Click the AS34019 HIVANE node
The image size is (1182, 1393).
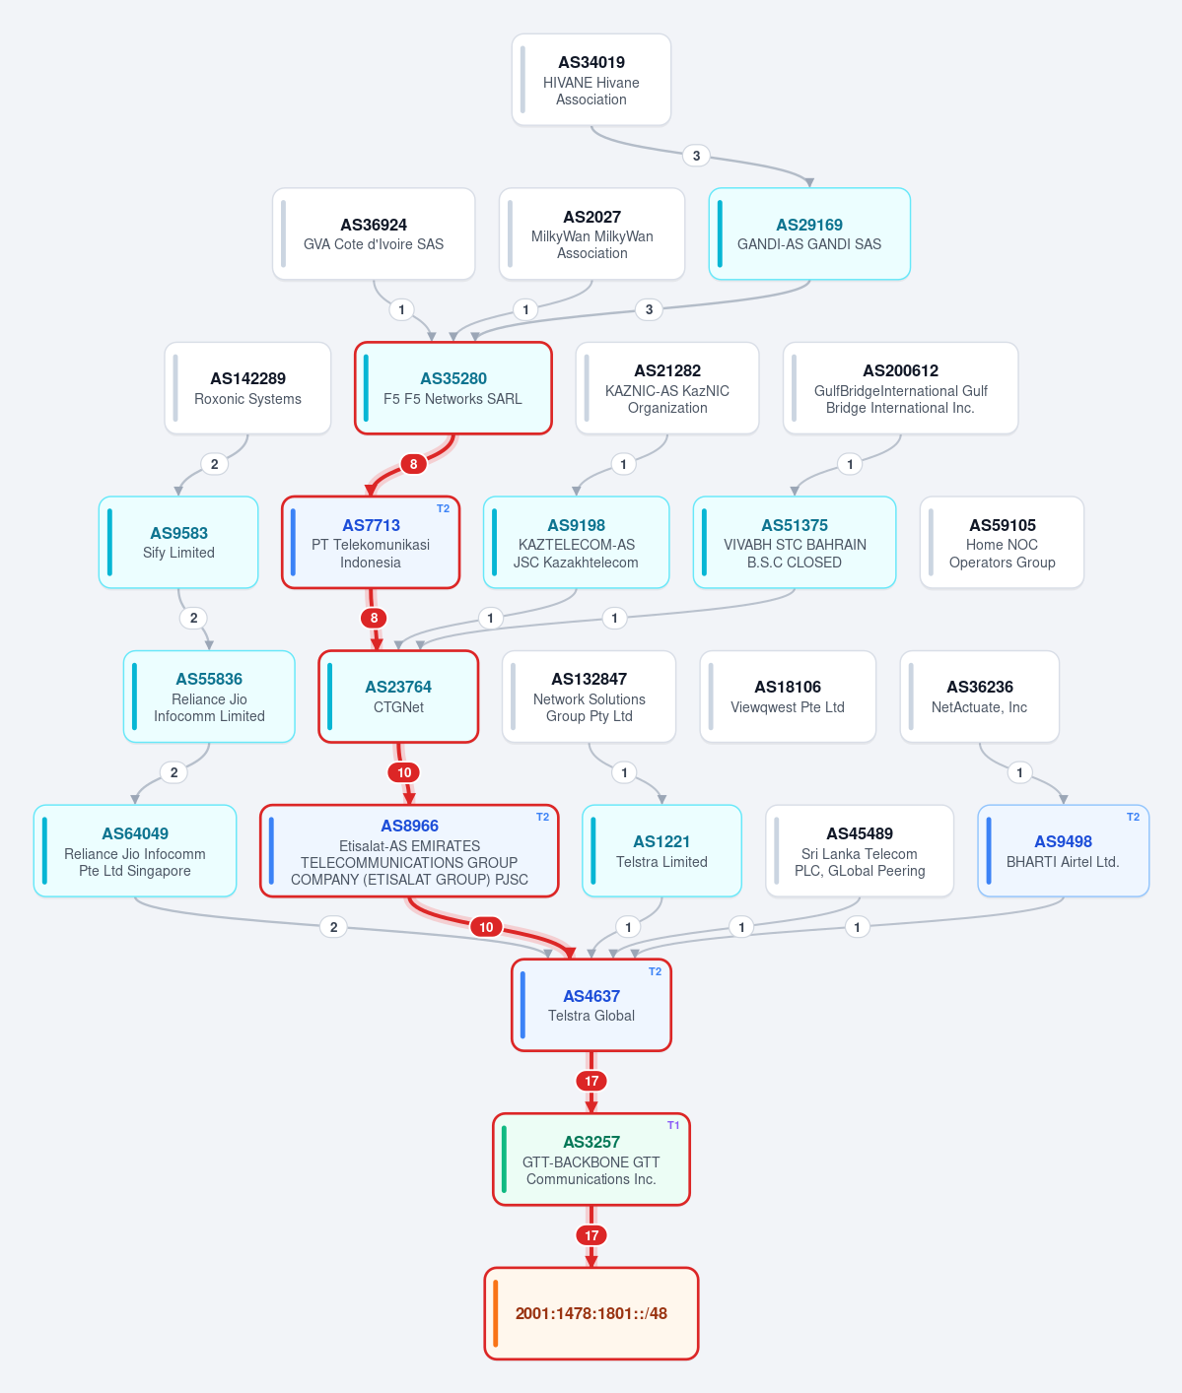[x=591, y=80]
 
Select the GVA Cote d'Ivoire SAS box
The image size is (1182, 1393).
[x=374, y=233]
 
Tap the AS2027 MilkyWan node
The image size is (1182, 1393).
[x=592, y=233]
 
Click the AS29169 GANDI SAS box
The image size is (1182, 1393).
[x=809, y=233]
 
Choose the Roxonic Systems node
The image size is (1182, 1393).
[x=247, y=388]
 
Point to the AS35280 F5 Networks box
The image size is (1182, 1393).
[x=453, y=388]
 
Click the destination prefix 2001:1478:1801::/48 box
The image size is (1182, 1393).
[x=591, y=1313]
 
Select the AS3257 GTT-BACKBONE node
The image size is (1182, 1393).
[x=591, y=1160]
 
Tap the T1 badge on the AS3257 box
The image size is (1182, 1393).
[x=673, y=1125]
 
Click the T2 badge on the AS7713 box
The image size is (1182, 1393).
[x=443, y=508]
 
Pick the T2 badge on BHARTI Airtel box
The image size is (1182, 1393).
[x=1133, y=817]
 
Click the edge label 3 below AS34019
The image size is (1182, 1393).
[x=697, y=156]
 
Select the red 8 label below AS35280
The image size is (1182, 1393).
[x=413, y=464]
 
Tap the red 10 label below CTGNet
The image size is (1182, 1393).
[x=404, y=772]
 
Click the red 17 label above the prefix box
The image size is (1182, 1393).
[x=591, y=1235]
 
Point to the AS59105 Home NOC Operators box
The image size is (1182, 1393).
[x=1002, y=543]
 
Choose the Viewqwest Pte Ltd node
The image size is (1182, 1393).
[x=788, y=696]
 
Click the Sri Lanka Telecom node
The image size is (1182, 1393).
[x=860, y=850]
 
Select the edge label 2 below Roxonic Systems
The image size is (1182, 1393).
[x=215, y=464]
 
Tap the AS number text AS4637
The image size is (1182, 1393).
[x=591, y=996]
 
